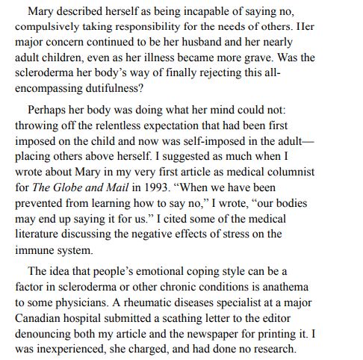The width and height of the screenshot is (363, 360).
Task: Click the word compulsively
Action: (x=46, y=27)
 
